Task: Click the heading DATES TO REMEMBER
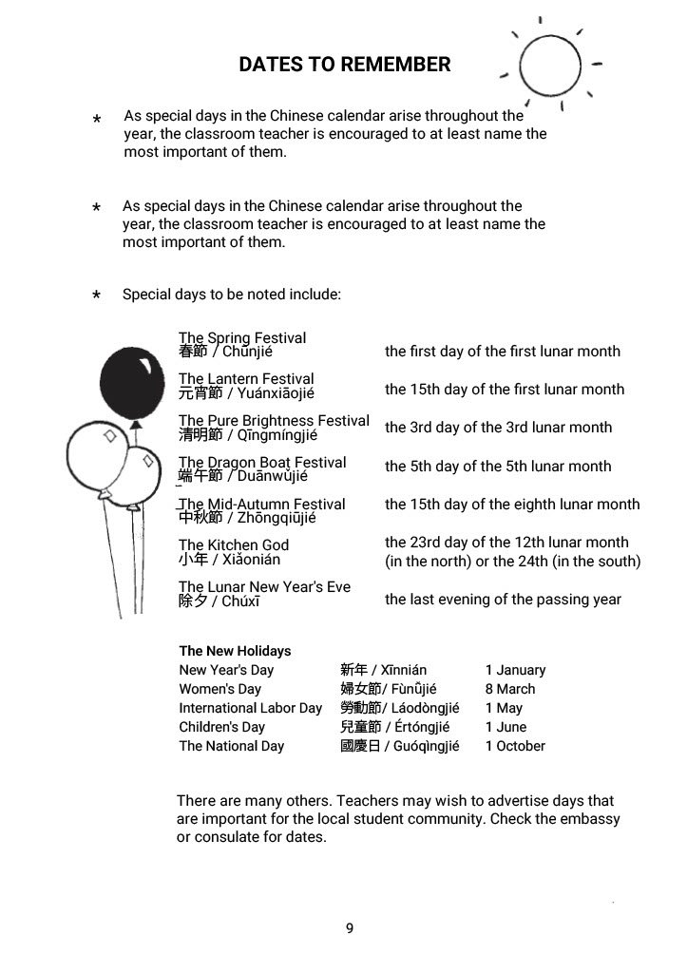pyautogui.click(x=344, y=65)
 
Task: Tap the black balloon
pyautogui.click(x=132, y=378)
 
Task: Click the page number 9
pyautogui.click(x=349, y=928)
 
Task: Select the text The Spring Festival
pyautogui.click(x=242, y=337)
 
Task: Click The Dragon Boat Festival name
pyautogui.click(x=262, y=462)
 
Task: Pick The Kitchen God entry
pyautogui.click(x=234, y=544)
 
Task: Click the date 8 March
pyautogui.click(x=509, y=689)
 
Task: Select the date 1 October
pyautogui.click(x=515, y=746)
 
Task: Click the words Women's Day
pyautogui.click(x=219, y=689)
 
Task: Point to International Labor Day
pyautogui.click(x=251, y=708)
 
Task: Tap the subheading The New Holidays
pyautogui.click(x=235, y=651)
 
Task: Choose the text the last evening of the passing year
pyautogui.click(x=503, y=600)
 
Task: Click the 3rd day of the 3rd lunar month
pyautogui.click(x=498, y=428)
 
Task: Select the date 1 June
pyautogui.click(x=506, y=727)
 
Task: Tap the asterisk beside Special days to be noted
pyautogui.click(x=97, y=296)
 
